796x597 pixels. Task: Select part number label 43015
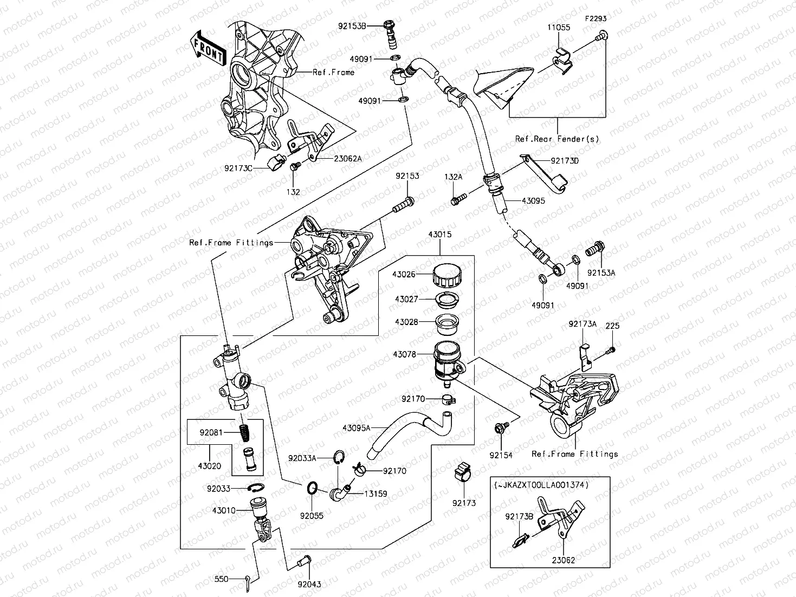point(439,235)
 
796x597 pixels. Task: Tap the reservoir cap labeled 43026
point(447,275)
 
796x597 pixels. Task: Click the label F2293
point(596,18)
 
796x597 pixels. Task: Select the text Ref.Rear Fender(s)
point(558,139)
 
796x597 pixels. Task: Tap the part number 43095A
point(357,427)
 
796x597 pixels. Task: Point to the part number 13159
point(375,494)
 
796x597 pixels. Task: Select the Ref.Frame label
point(333,72)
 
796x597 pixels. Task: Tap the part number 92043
point(309,584)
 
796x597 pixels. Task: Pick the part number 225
point(612,326)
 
